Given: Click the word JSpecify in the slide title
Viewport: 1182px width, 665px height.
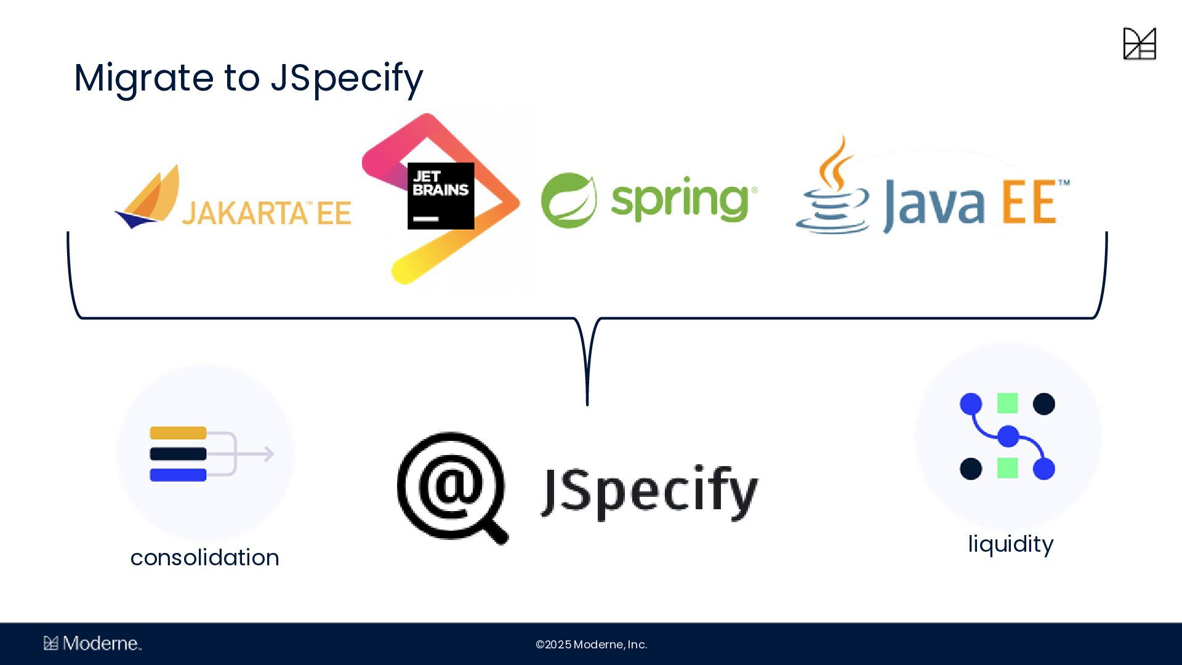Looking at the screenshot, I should pyautogui.click(x=347, y=78).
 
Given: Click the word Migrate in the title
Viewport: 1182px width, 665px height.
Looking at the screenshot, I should pyautogui.click(x=143, y=78).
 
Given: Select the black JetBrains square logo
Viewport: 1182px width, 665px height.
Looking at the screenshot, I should pyautogui.click(x=441, y=196).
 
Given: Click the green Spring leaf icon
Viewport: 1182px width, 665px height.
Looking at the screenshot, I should pyautogui.click(x=568, y=200).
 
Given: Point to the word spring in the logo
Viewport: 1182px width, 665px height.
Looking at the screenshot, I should pyautogui.click(x=680, y=200).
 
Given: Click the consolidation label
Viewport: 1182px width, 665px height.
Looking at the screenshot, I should pyautogui.click(x=204, y=558).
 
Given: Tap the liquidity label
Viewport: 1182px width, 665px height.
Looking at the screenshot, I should pyautogui.click(x=1010, y=544).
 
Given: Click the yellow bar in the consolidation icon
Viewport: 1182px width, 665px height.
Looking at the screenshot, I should pyautogui.click(x=178, y=433).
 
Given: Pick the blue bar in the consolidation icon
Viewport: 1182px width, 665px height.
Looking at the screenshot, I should pyautogui.click(x=178, y=475).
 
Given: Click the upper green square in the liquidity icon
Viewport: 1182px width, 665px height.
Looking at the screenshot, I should pyautogui.click(x=1007, y=403).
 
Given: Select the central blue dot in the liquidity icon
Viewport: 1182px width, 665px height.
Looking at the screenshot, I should pyautogui.click(x=1008, y=436).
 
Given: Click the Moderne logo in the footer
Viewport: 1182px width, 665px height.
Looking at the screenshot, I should pyautogui.click(x=92, y=643).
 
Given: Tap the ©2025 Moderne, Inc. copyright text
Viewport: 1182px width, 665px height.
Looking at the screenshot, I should pyautogui.click(x=591, y=645).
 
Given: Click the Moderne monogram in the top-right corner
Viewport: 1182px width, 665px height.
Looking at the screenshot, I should pyautogui.click(x=1140, y=44).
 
